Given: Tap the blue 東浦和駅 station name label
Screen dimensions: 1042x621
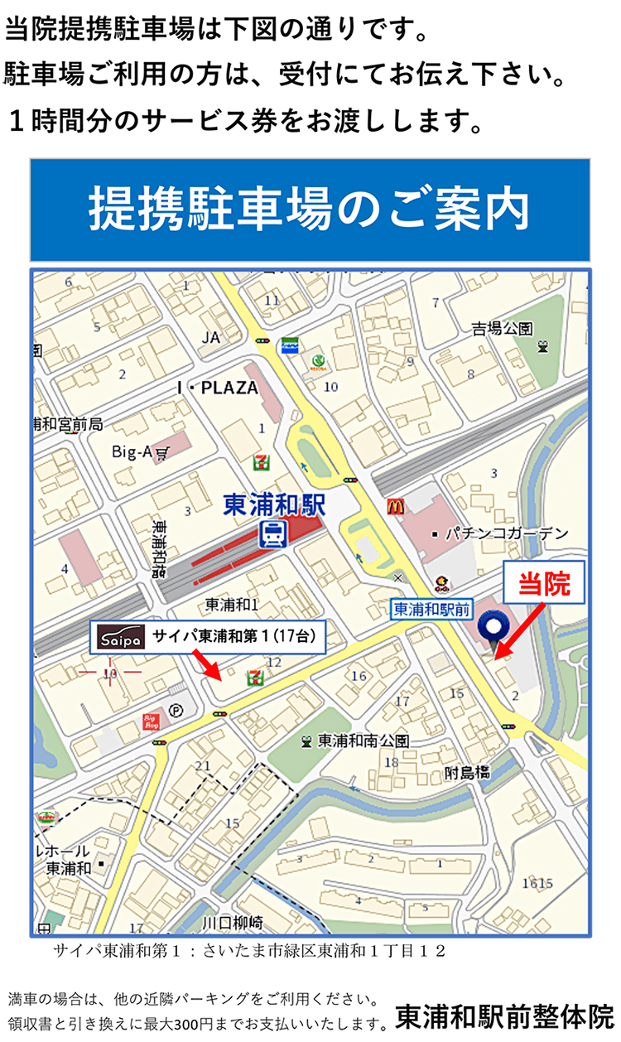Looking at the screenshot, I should coord(277,504).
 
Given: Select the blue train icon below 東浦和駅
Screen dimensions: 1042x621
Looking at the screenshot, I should coord(272,534).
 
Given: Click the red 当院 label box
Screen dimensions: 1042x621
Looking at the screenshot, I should coord(544,585).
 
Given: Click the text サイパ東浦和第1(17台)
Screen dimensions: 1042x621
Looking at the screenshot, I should coord(233,637).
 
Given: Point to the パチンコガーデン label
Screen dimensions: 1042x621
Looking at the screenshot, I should coord(506,533).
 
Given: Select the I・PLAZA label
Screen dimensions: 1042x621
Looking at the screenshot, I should coord(218,388).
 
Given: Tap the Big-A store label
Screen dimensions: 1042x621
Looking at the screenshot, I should coord(132,451).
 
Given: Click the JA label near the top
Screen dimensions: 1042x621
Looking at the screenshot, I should coord(211,337).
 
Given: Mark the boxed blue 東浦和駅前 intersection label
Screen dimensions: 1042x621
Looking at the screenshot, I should coord(431,610).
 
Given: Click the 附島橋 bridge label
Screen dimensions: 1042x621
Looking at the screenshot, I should coord(466,772).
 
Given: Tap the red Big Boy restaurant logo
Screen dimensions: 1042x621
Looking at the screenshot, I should coord(152,721).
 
